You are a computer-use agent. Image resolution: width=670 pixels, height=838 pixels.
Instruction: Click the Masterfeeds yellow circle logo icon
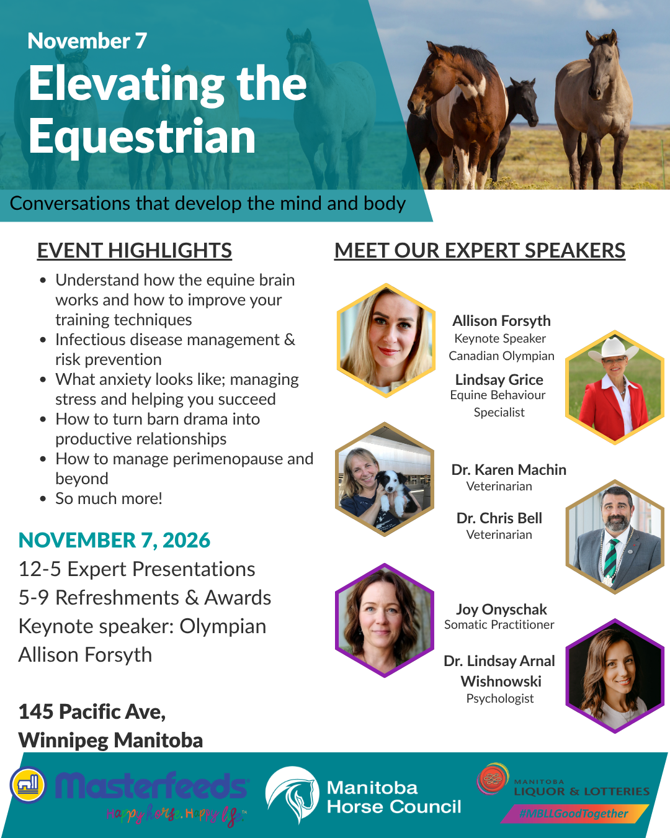point(28,785)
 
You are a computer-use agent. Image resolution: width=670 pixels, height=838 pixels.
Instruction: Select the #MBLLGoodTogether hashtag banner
point(574,813)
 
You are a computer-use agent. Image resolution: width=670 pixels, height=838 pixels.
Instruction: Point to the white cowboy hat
point(614,348)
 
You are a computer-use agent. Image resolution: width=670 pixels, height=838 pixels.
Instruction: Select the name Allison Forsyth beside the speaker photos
point(501,321)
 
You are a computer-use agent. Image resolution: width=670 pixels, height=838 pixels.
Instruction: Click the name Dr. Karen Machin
point(509,470)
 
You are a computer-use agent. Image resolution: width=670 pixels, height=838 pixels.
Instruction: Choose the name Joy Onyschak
point(501,610)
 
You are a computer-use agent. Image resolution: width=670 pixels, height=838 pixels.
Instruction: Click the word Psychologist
point(500,698)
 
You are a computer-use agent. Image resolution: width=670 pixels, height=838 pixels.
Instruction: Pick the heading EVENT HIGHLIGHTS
point(135,250)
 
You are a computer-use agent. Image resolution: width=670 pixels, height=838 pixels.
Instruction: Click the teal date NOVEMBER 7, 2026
point(114,540)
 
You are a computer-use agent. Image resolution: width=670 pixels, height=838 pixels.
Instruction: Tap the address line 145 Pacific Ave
point(92,712)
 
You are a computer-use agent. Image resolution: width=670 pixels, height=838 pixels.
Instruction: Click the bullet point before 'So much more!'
point(43,499)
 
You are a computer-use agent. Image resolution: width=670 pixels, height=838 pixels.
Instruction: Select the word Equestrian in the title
point(142,137)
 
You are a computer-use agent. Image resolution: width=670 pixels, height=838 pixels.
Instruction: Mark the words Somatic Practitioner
point(499,624)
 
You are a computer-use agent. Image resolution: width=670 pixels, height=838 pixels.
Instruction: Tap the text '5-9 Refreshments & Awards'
point(145,598)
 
